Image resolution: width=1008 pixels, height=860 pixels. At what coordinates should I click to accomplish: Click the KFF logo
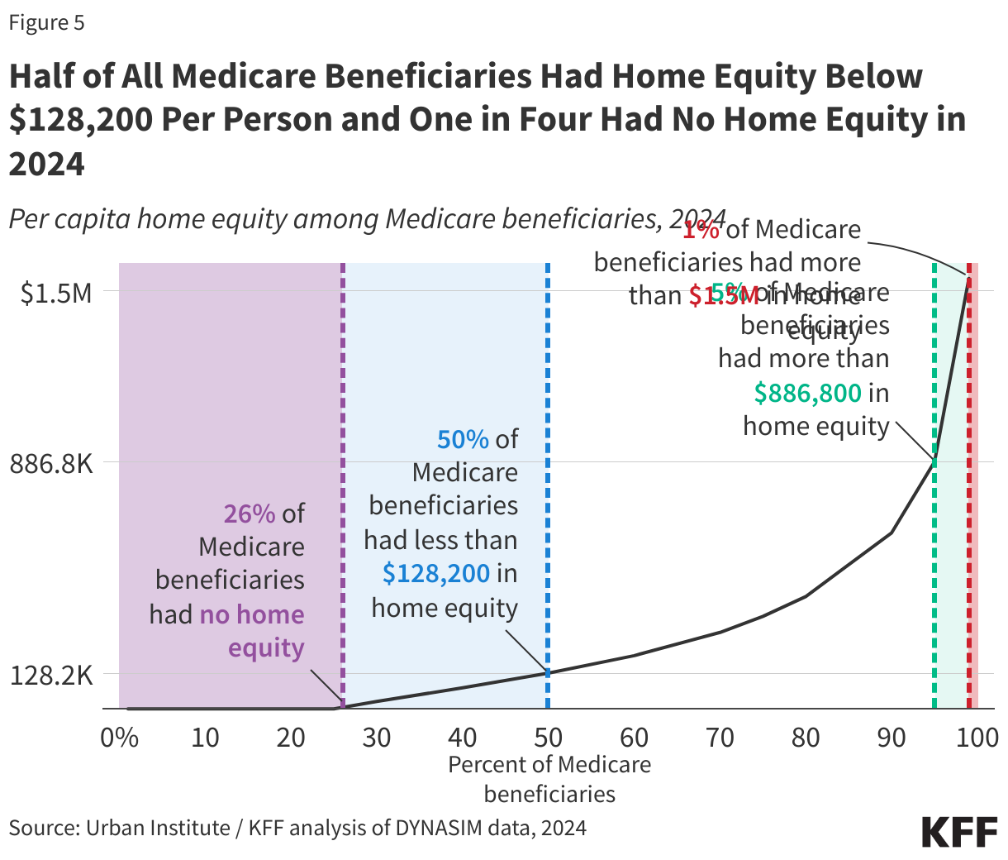pos(959,831)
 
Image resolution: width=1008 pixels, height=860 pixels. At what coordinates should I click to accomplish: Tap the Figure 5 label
pos(46,22)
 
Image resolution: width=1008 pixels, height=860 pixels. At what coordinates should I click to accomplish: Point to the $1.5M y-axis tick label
pos(56,293)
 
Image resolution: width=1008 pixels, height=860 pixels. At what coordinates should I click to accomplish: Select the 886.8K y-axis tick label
pos(51,463)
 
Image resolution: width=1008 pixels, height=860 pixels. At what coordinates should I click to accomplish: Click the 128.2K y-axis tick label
pos(51,676)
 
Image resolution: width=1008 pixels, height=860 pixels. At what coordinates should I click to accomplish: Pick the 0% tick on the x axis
pos(120,737)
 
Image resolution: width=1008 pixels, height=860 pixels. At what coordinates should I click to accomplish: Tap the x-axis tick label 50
pos(548,737)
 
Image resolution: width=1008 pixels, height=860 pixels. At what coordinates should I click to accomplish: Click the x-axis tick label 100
pos(976,737)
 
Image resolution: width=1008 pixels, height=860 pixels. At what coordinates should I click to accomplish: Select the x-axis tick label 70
pos(720,737)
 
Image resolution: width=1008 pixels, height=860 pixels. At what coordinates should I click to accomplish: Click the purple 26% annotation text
pos(249,514)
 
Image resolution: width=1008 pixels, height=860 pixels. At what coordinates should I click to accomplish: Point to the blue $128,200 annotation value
pos(436,573)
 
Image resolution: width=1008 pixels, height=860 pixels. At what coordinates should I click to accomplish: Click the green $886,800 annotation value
pos(807,393)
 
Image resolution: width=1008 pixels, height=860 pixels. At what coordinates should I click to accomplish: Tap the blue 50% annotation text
pos(463,439)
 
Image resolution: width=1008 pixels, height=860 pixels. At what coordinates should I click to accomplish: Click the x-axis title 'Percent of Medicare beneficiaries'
pos(549,779)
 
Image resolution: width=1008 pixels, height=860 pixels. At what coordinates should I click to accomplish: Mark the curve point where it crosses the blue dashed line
pos(548,672)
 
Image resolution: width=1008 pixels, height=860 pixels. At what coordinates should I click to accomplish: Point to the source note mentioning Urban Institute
pos(297,828)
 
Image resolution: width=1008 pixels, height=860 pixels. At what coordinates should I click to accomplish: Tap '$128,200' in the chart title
pos(81,120)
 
